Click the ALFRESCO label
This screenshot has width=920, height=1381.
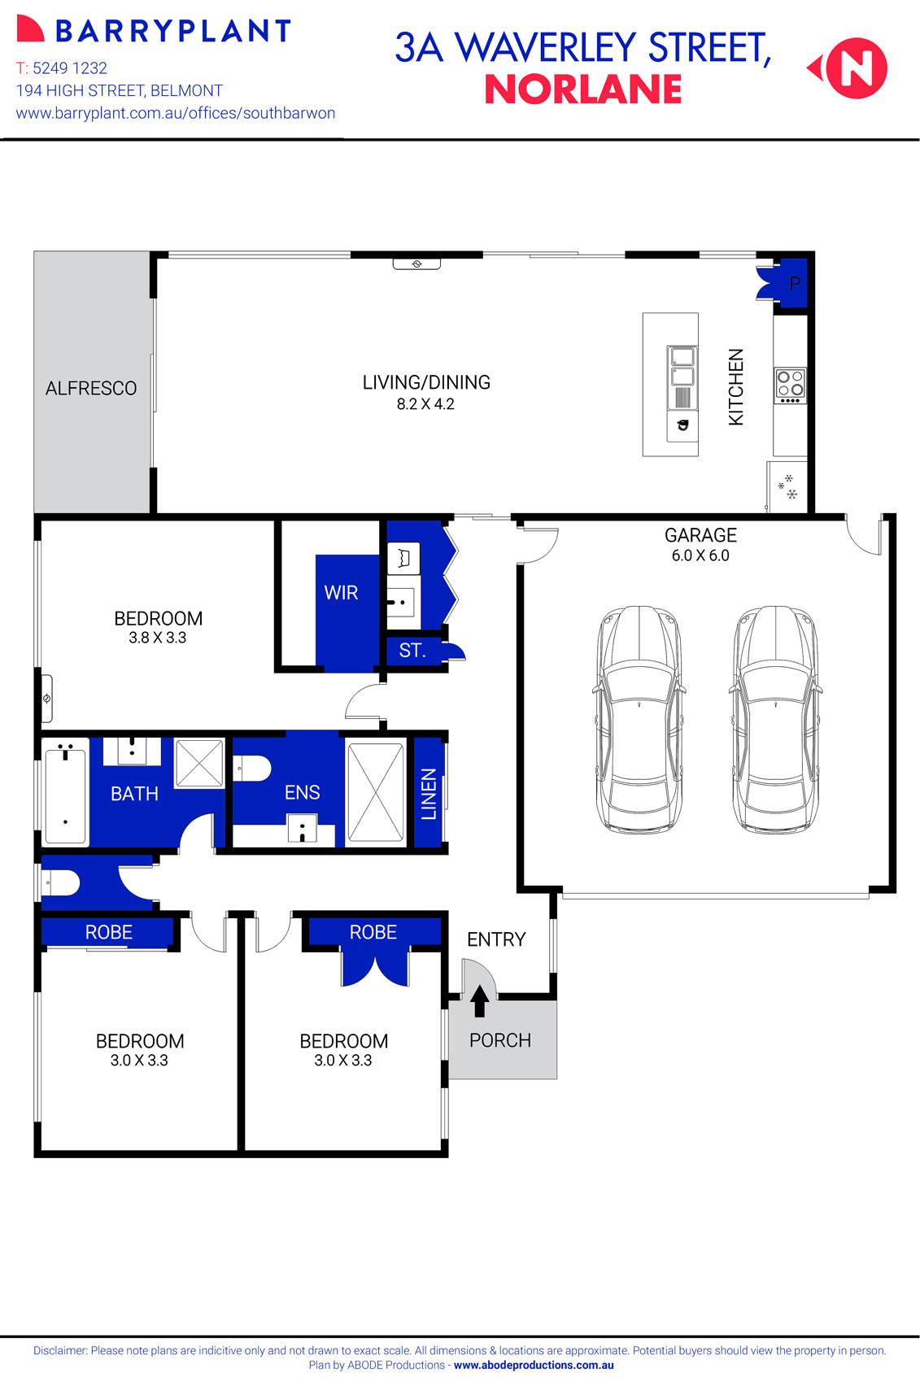(91, 389)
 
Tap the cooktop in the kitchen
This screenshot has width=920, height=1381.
(790, 386)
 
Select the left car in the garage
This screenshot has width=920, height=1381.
(639, 719)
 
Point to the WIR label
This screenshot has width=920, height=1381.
(341, 593)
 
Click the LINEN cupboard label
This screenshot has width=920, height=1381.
(429, 794)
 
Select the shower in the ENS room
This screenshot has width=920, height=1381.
(375, 791)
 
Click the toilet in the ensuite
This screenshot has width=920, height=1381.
(253, 768)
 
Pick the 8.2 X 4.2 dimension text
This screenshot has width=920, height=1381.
(425, 404)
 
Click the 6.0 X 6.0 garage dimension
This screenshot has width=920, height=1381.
(700, 555)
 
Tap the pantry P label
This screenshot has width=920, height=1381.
(795, 284)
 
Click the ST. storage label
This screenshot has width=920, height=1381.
(412, 651)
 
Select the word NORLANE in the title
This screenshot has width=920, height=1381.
(583, 90)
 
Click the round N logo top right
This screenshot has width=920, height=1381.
(857, 68)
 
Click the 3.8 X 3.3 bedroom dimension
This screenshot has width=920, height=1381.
(158, 638)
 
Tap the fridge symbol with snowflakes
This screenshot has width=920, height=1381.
(787, 487)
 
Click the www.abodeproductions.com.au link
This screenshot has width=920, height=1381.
(534, 1366)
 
